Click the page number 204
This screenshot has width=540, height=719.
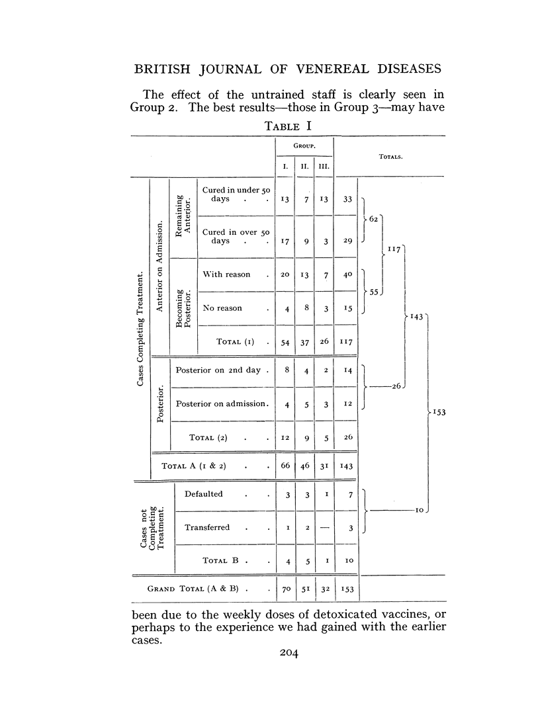tap(290, 654)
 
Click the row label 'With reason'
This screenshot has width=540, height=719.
tap(226, 275)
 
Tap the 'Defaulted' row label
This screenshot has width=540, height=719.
tap(204, 493)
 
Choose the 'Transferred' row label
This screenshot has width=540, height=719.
tap(207, 527)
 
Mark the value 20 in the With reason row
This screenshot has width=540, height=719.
tap(285, 275)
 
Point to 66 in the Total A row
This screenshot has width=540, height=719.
tap(285, 466)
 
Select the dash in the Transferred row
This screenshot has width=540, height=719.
tap(324, 527)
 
